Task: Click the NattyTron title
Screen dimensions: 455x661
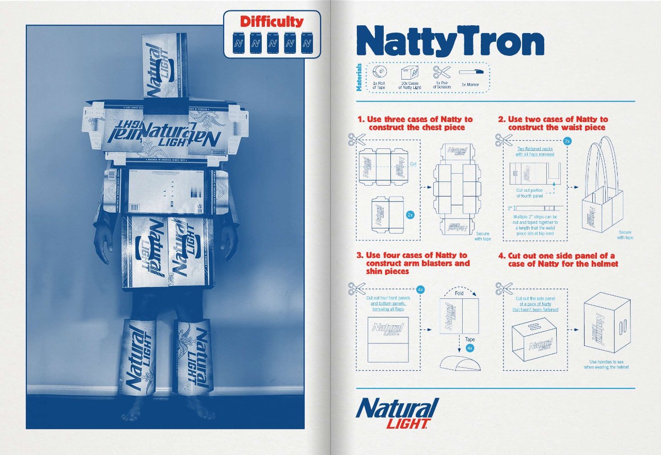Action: point(450,41)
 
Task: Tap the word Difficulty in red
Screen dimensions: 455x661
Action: point(272,22)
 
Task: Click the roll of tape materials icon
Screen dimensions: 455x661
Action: point(379,72)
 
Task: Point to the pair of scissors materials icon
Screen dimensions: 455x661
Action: point(442,72)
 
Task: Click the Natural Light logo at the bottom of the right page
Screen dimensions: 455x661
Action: point(398,413)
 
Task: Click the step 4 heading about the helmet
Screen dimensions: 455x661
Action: point(563,260)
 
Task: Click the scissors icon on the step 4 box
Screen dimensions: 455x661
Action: point(503,287)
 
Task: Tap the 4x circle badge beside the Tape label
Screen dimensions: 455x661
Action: point(470,348)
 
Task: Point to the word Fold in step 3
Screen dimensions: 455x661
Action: point(459,293)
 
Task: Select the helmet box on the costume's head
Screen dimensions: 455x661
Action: point(164,66)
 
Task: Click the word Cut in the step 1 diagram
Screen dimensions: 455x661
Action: point(413,164)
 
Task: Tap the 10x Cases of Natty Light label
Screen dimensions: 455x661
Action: point(410,85)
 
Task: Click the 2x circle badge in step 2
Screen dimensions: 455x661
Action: point(567,141)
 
